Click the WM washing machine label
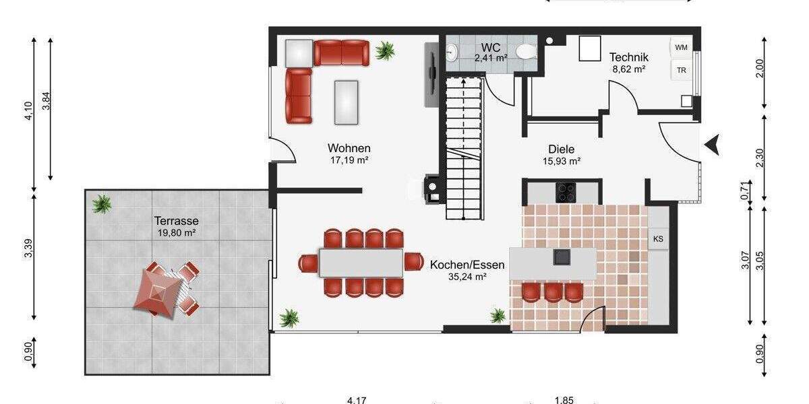tap(682, 47)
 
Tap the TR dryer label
tap(682, 70)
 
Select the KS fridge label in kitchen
tap(658, 238)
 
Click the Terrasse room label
tap(176, 220)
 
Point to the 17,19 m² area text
tap(349, 160)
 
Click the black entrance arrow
tap(713, 144)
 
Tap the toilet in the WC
tap(525, 51)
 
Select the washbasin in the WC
tap(451, 52)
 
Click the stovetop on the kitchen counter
tap(565, 193)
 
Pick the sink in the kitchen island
tap(561, 257)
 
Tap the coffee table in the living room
tap(347, 102)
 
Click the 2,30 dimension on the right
tap(760, 158)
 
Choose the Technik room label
tap(628, 57)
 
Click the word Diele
tap(561, 149)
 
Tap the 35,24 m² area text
tap(458, 276)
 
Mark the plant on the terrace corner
tap(102, 203)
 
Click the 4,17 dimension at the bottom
tap(356, 401)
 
